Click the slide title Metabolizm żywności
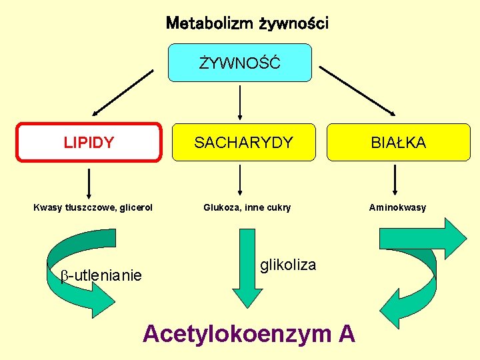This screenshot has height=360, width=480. pyautogui.click(x=247, y=24)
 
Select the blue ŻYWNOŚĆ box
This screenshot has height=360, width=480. pyautogui.click(x=240, y=63)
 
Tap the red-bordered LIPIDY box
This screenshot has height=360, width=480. pyautogui.click(x=89, y=142)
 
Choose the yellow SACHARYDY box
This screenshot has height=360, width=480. pyautogui.click(x=243, y=142)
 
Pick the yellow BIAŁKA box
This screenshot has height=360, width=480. pyautogui.click(x=399, y=142)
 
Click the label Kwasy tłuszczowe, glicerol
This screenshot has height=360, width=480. pyautogui.click(x=93, y=207)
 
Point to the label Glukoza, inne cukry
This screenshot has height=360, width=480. pyautogui.click(x=247, y=207)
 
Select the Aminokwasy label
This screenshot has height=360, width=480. pyautogui.click(x=397, y=207)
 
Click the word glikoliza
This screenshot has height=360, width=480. pyautogui.click(x=288, y=265)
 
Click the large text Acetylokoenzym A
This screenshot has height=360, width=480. pyautogui.click(x=249, y=333)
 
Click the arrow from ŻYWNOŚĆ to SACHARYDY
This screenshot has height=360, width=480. pyautogui.click(x=240, y=101)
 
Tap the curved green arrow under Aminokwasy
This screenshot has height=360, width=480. pyautogui.click(x=427, y=273)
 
